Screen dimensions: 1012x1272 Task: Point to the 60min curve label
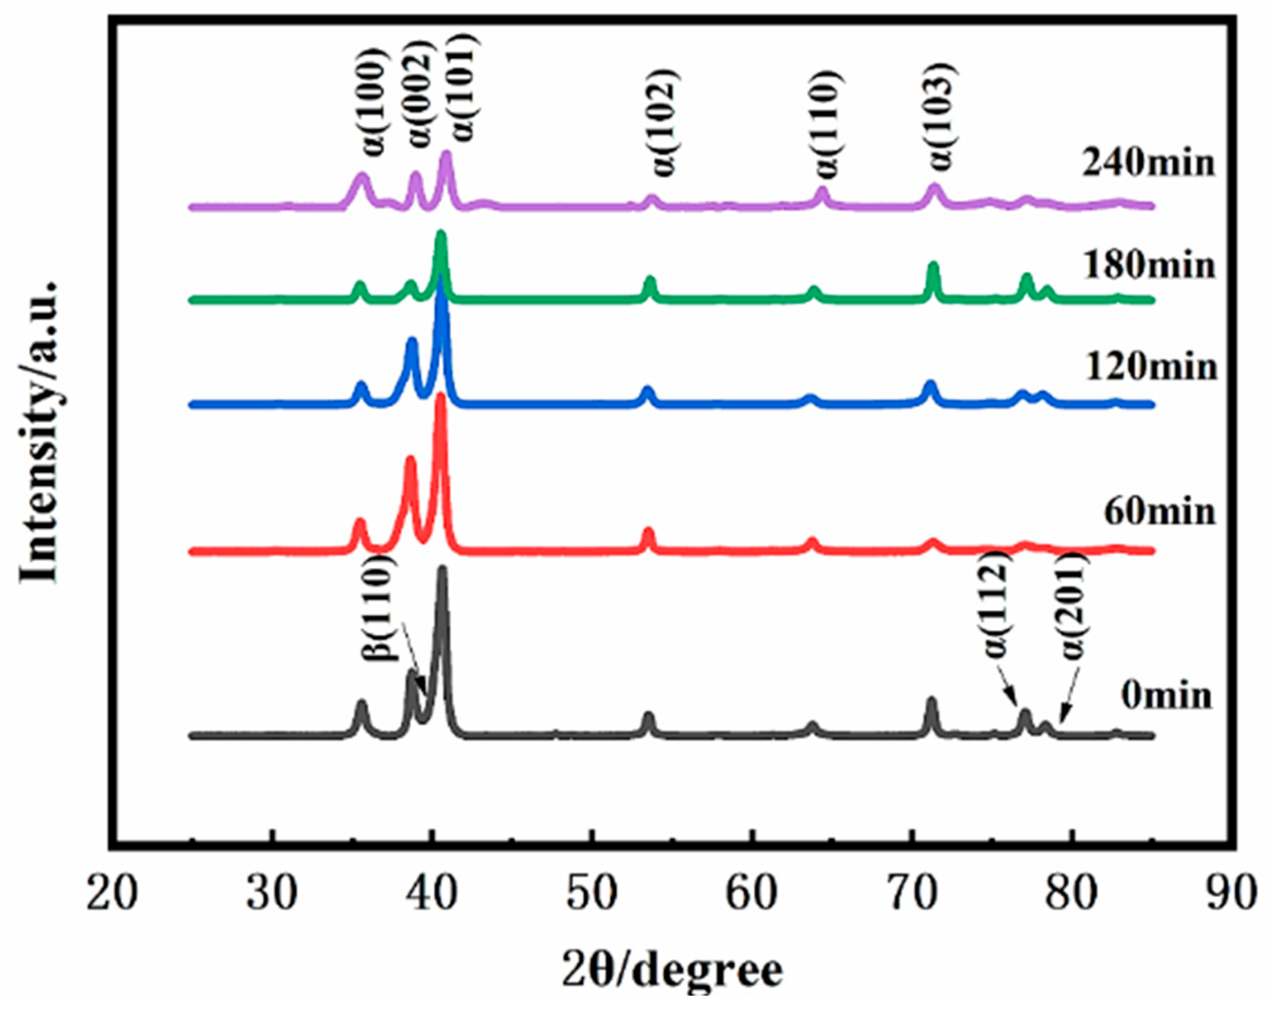coord(1159,512)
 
